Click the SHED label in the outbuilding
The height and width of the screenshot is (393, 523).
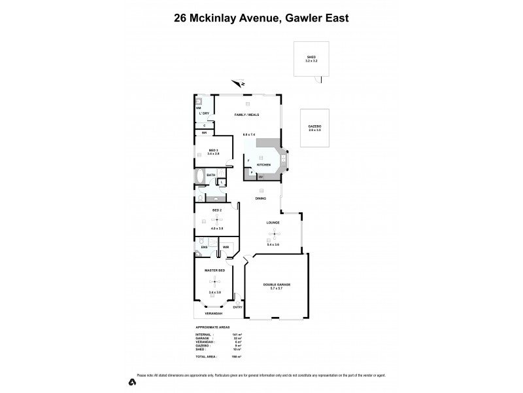coord(311,57)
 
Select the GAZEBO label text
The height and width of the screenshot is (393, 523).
coord(315,126)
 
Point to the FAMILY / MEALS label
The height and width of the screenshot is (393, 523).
coord(247,115)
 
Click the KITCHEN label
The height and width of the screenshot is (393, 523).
coord(263,165)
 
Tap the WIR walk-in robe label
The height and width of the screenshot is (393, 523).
coord(226,247)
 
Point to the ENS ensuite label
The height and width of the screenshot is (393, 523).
coord(204,247)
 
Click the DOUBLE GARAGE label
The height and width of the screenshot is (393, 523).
coord(277,285)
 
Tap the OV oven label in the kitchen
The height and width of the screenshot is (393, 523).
coord(261,177)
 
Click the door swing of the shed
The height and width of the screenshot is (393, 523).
coord(318,79)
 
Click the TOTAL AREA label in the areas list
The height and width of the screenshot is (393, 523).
coord(207,356)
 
